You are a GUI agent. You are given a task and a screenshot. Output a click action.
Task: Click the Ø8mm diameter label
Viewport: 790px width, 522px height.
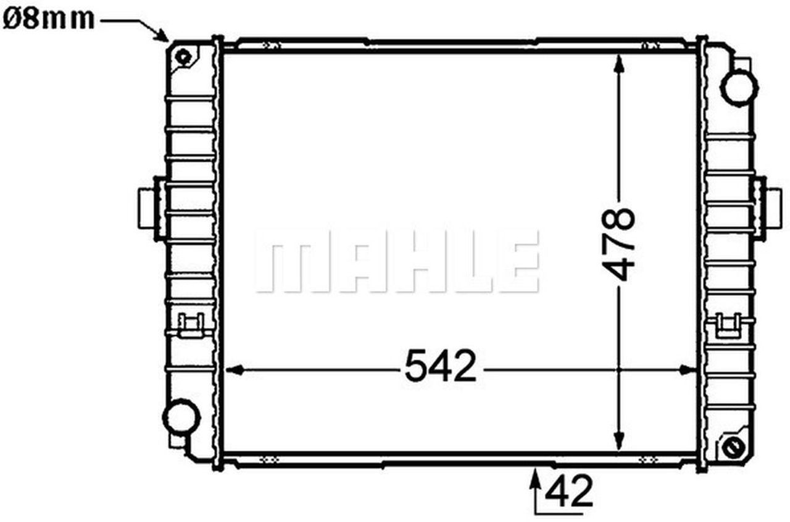(x=49, y=20)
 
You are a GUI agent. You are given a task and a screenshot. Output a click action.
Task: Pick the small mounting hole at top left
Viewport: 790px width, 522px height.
(x=183, y=57)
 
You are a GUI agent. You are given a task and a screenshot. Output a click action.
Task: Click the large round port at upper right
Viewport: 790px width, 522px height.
(x=739, y=87)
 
